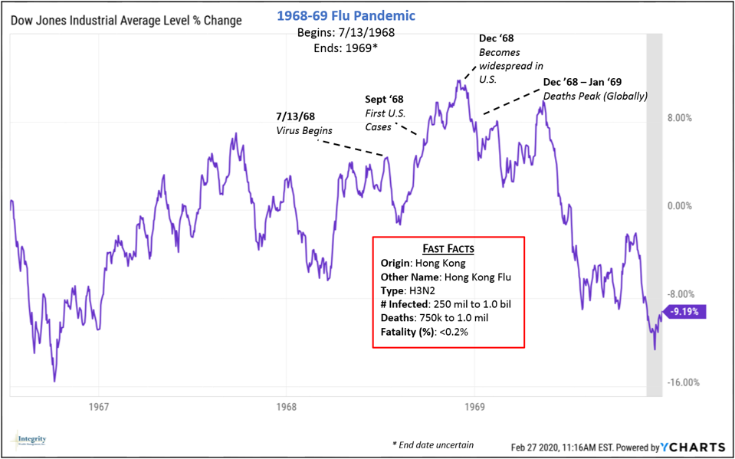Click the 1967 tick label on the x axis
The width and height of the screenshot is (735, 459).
[97, 407]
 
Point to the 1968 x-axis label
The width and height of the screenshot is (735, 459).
[286, 407]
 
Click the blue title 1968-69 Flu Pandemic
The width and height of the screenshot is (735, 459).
[346, 16]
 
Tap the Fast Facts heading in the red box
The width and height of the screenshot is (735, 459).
[448, 249]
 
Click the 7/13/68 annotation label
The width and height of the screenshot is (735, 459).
[295, 116]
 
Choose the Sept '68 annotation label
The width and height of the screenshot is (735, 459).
[384, 100]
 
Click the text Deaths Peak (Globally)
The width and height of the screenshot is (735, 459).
[596, 97]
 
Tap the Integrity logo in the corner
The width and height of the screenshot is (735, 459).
[31, 441]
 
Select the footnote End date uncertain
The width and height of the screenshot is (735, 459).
[434, 444]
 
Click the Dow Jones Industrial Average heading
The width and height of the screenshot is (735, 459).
[126, 21]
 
